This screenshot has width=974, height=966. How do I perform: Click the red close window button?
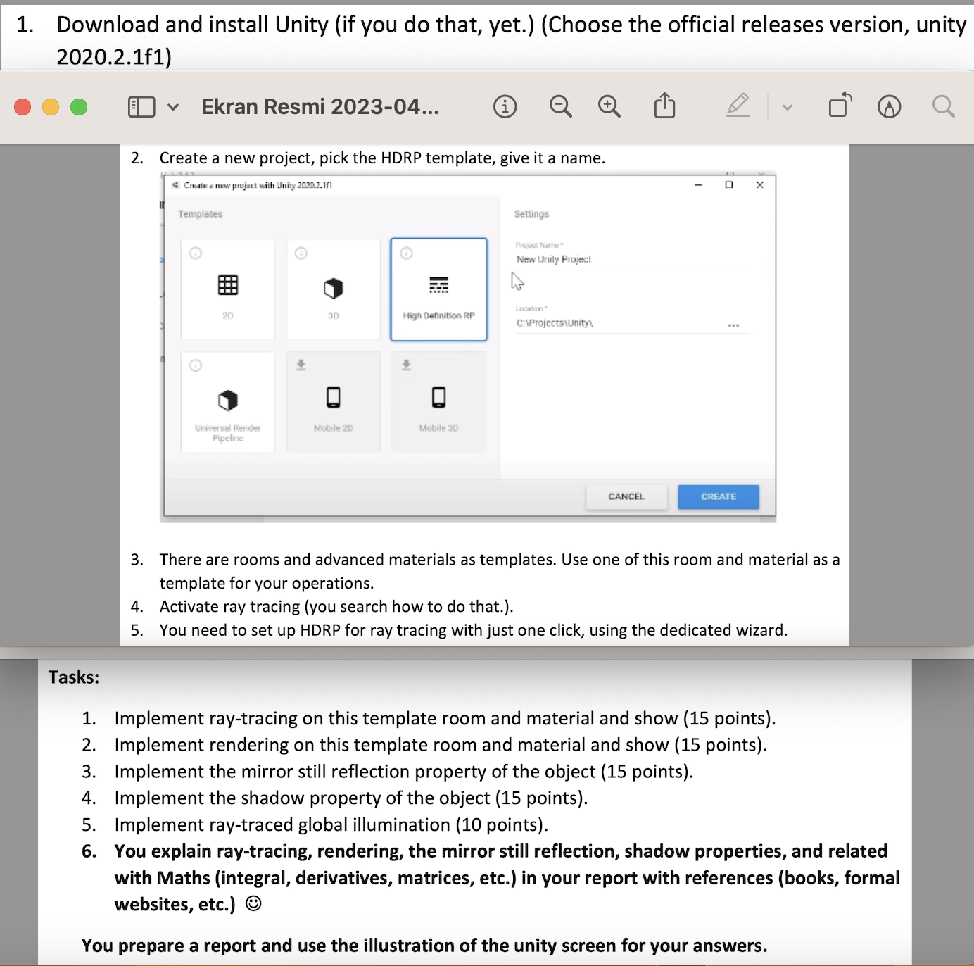tap(23, 107)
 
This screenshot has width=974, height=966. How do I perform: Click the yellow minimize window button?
tap(51, 107)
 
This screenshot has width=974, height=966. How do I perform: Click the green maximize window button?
tap(79, 107)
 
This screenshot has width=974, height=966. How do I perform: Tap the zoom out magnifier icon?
tap(560, 107)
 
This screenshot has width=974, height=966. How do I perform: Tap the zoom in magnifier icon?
tap(609, 107)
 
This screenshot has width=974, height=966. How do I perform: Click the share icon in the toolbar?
tap(664, 106)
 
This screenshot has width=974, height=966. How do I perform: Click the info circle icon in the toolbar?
tap(505, 107)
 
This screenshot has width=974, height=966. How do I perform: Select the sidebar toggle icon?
tap(141, 107)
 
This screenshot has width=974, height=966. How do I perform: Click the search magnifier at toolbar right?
tap(943, 107)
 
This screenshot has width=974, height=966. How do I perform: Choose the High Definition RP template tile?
tap(438, 289)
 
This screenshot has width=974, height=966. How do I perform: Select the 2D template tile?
tap(227, 289)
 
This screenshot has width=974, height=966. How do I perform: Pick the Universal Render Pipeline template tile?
tap(227, 402)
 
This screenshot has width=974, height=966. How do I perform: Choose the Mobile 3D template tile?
tap(438, 402)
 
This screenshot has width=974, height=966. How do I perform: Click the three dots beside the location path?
tap(733, 325)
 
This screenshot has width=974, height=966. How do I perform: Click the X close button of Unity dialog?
tap(759, 185)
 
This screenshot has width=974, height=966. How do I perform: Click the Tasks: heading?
tap(74, 677)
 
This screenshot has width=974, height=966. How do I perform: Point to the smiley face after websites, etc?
tap(253, 904)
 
